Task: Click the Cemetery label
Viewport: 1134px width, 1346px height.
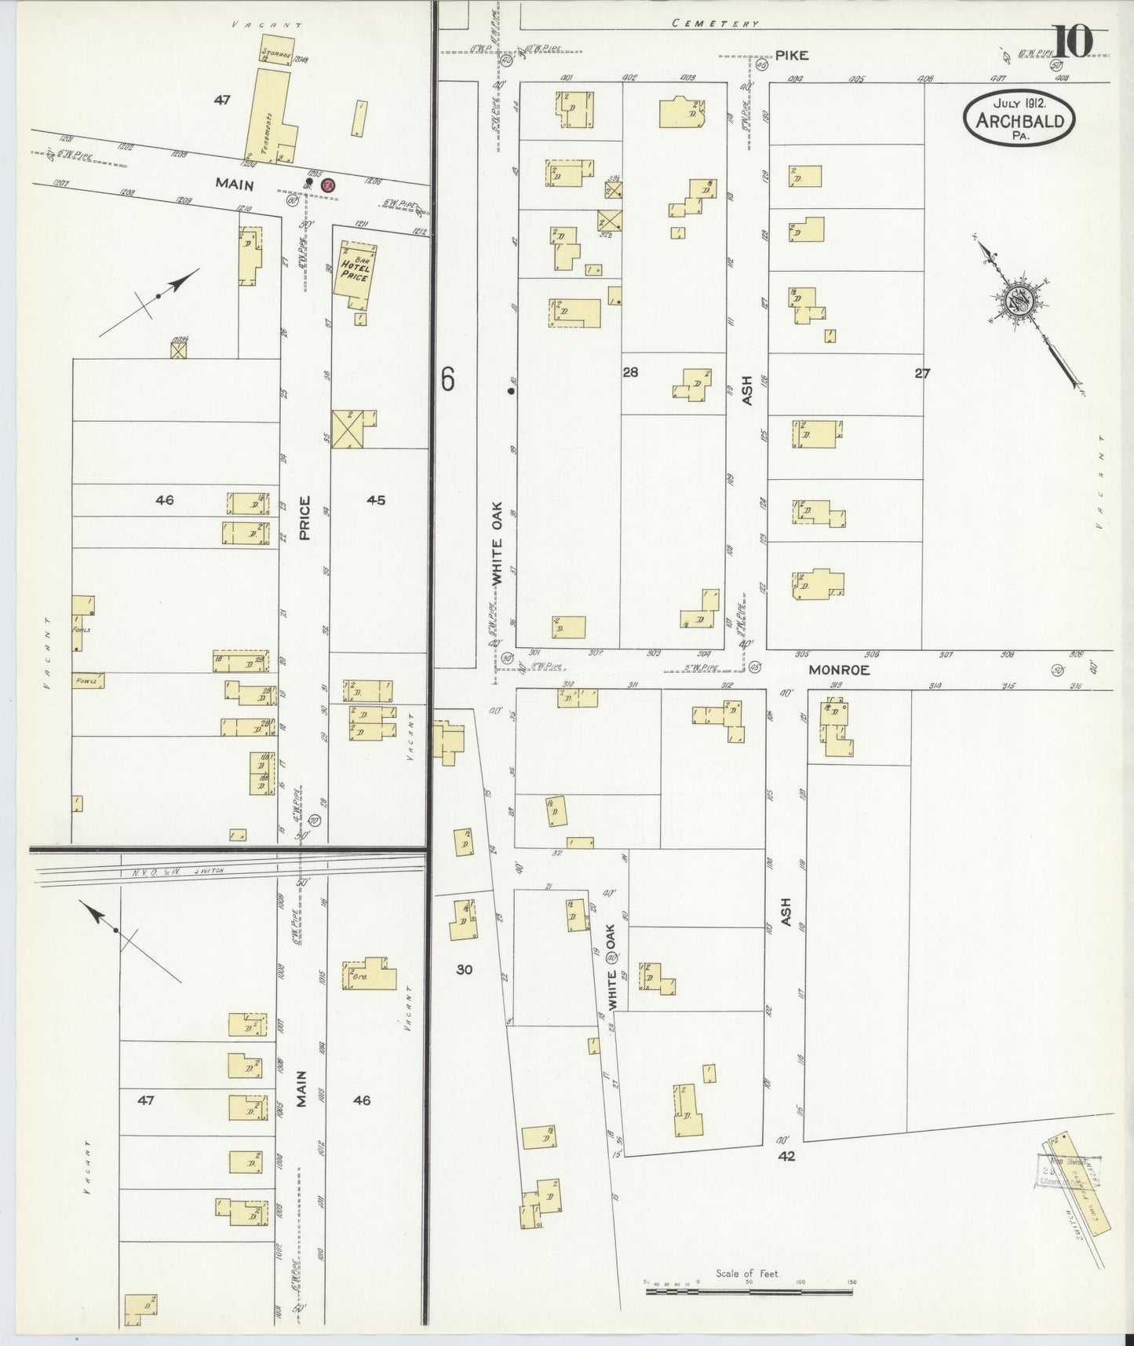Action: point(716,24)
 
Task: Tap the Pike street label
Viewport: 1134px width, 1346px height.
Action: point(792,56)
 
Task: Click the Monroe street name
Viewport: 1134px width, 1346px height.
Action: point(839,670)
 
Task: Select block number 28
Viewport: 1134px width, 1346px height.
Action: point(630,372)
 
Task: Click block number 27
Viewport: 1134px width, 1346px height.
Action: point(921,374)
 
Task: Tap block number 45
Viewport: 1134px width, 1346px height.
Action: point(376,499)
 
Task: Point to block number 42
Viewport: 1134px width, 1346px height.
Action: point(786,1156)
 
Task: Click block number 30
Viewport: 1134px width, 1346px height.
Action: point(464,970)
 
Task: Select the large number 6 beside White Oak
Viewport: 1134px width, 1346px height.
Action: point(447,379)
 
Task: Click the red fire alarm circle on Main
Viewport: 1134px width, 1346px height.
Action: point(329,185)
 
